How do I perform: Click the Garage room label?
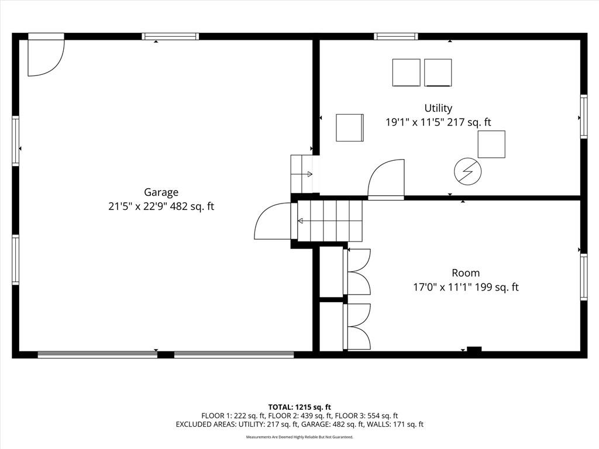[x=161, y=192]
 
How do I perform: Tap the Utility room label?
[x=438, y=108]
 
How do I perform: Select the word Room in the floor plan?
[x=465, y=273]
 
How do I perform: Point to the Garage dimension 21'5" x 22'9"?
[x=137, y=206]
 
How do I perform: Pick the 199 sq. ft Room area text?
[x=497, y=287]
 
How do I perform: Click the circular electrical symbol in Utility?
[x=467, y=171]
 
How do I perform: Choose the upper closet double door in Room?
[x=357, y=271]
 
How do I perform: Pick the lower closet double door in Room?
[x=357, y=326]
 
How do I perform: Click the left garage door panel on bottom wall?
[x=98, y=355]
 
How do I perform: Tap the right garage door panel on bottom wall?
[x=234, y=355]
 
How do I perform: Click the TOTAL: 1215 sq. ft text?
[x=299, y=407]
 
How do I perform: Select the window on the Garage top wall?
[x=170, y=37]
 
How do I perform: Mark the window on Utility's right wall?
[x=584, y=116]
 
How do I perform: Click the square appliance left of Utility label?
[x=350, y=127]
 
